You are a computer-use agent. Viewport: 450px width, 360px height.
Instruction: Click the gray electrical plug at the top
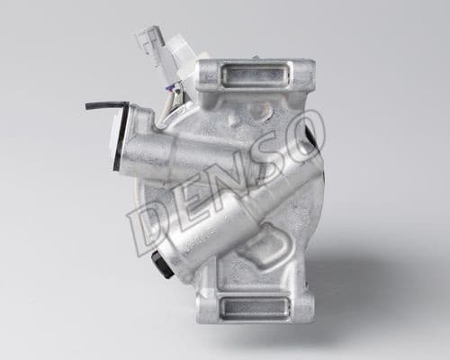[x=149, y=40]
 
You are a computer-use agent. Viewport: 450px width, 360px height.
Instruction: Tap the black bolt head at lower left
[x=162, y=263]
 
